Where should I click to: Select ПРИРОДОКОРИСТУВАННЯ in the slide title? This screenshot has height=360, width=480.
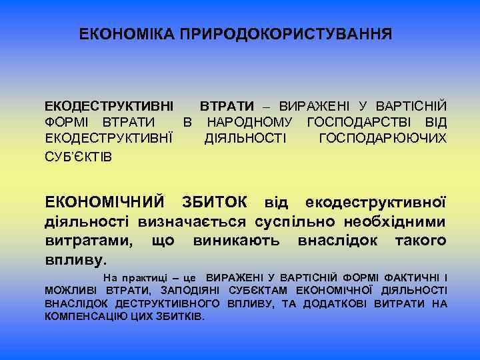[x=286, y=33]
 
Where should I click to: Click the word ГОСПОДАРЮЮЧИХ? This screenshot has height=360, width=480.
[x=383, y=139]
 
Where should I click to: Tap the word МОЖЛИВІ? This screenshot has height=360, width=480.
[x=67, y=290]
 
